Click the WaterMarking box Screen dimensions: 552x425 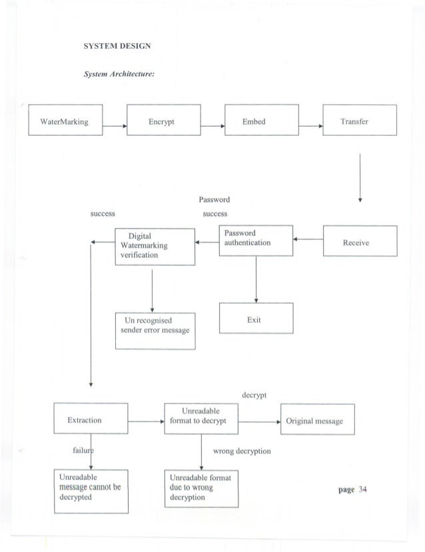[x=65, y=122]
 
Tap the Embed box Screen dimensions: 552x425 [x=260, y=122]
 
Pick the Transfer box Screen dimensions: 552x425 [x=359, y=122]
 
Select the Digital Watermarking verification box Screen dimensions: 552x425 [x=154, y=246]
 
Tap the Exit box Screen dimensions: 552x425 [x=256, y=320]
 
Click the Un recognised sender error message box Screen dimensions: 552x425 [x=154, y=331]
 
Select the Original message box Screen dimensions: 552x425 [x=316, y=421]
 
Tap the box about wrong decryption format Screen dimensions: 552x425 [x=201, y=489]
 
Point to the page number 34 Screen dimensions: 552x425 [x=353, y=489]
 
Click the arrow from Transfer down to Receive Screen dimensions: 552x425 [x=360, y=176]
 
